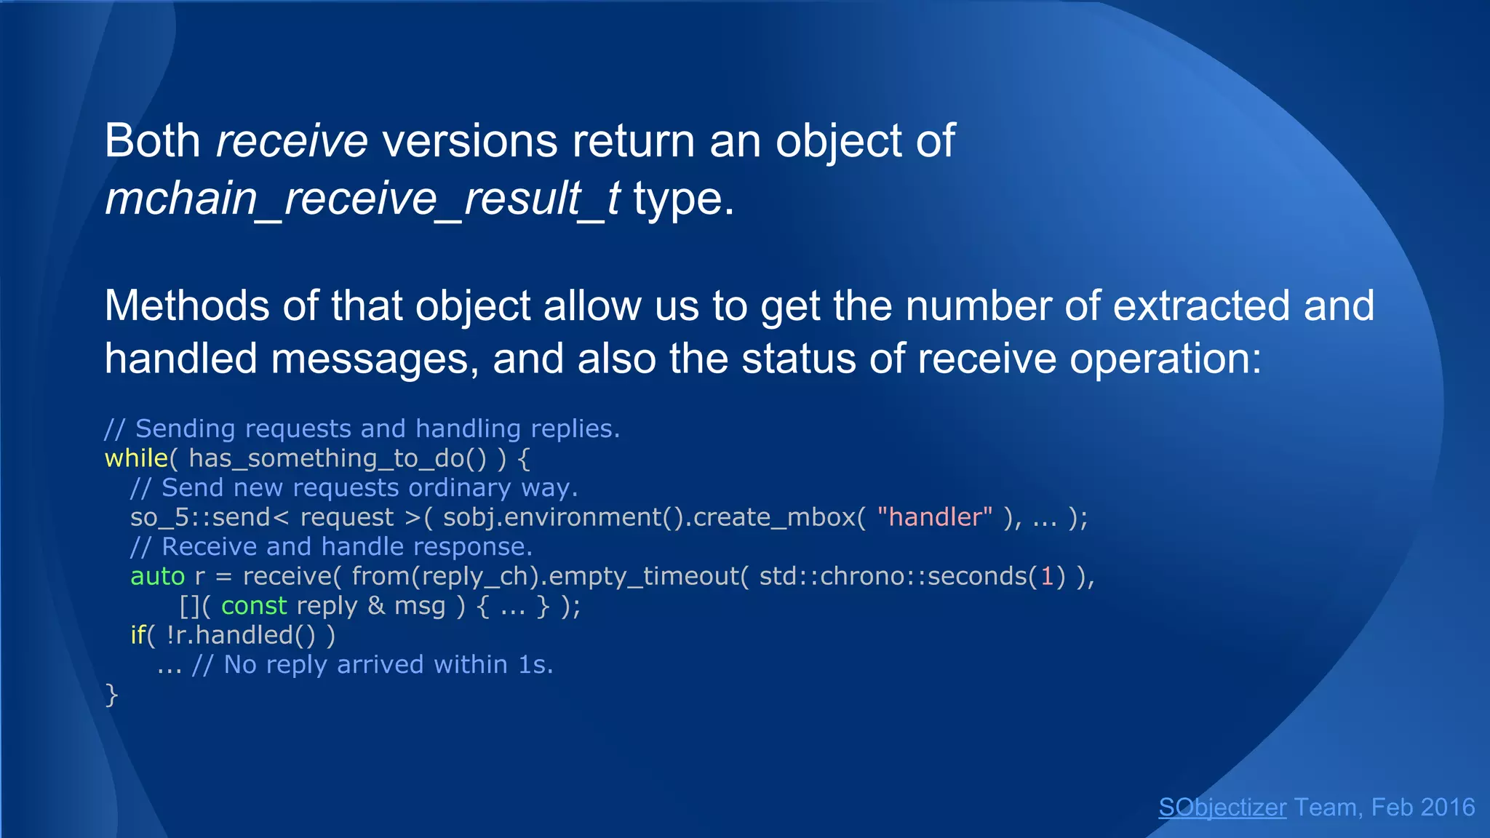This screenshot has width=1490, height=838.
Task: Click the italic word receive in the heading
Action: pos(292,141)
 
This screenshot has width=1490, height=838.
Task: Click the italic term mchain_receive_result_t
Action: pos(362,199)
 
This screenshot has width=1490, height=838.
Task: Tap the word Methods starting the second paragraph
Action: pos(186,306)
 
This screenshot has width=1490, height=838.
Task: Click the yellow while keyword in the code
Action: pos(136,458)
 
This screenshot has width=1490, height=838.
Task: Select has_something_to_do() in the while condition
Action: pos(337,459)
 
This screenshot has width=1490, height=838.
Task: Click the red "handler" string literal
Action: pos(934,517)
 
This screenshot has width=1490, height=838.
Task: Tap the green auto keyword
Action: pos(157,576)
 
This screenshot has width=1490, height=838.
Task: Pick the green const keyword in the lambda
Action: pos(254,606)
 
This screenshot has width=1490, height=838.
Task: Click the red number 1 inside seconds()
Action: pos(1047,576)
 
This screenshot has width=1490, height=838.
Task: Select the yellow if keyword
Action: pos(138,635)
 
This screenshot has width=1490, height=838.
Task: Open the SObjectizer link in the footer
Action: pos(1222,807)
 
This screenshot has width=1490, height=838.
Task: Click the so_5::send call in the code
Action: pos(200,517)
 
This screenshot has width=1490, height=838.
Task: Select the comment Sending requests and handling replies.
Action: pos(362,429)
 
